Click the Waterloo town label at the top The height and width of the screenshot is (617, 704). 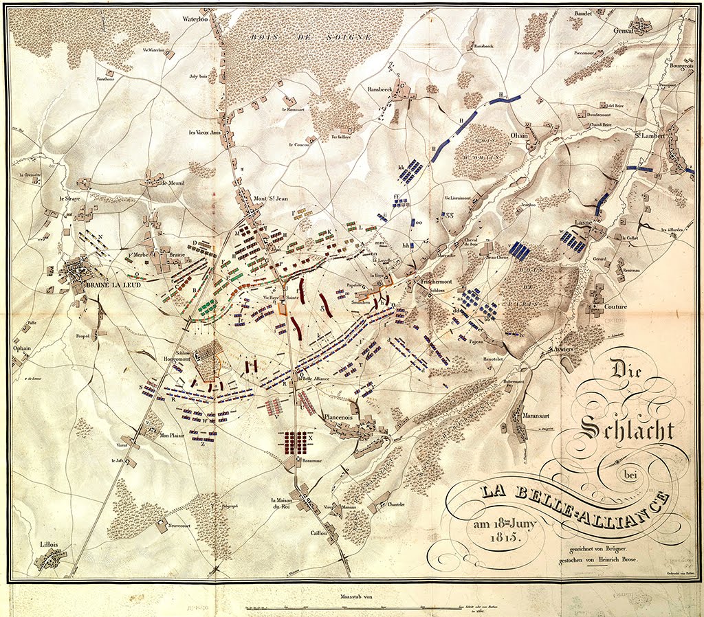194,19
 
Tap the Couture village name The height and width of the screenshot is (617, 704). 616,306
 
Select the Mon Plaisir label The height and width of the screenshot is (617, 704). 173,435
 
